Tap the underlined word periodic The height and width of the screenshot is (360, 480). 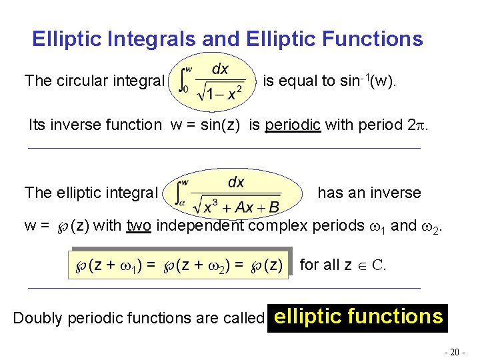click(x=293, y=125)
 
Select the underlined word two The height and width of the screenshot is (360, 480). click(x=139, y=225)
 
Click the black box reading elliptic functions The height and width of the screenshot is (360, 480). click(x=358, y=316)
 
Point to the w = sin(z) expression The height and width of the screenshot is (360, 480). click(x=212, y=125)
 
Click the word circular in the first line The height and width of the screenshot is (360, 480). click(x=83, y=81)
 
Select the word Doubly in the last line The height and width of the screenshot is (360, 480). click(x=35, y=319)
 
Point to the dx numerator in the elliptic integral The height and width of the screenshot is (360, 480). click(x=236, y=182)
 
